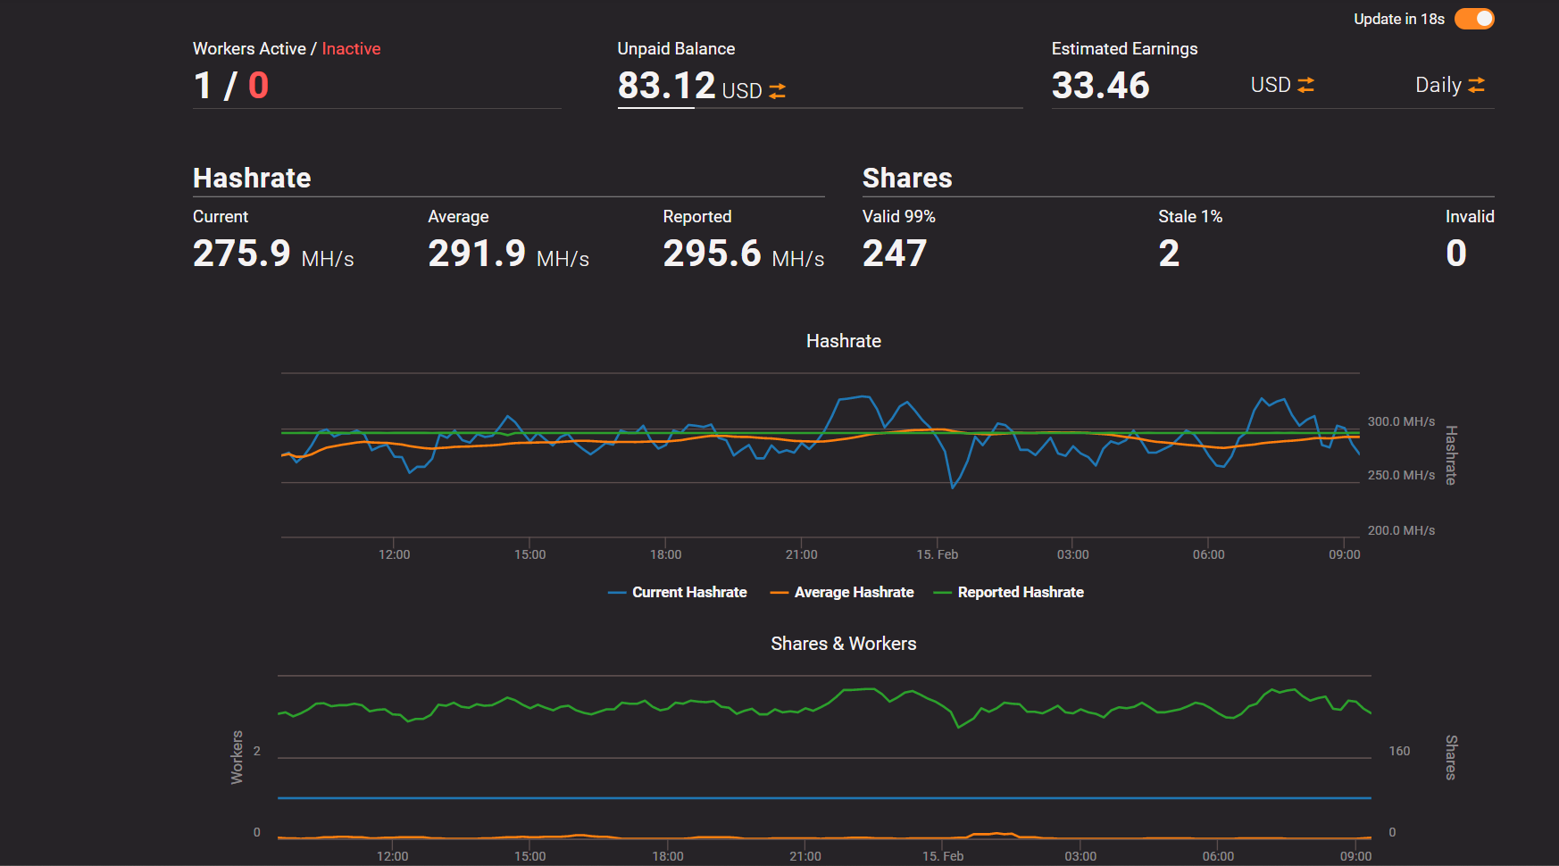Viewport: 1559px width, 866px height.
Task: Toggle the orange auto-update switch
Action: coord(1474,19)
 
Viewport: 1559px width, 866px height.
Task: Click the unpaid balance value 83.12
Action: coord(666,86)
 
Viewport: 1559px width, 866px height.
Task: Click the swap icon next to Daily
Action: coord(1476,85)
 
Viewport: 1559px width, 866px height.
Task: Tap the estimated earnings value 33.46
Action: coord(1100,86)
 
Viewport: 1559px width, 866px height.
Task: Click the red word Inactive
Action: coord(351,49)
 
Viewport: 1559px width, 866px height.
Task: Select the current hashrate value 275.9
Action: coord(242,254)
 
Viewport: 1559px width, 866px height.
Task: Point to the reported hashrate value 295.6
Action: coord(712,254)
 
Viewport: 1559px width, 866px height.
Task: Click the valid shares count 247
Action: coord(895,254)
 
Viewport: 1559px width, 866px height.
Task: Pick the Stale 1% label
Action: coord(1189,217)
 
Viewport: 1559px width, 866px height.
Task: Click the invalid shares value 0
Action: coord(1455,254)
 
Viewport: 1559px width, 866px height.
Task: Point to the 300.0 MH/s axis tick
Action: coord(1401,421)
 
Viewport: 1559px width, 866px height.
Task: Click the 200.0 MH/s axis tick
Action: coord(1401,530)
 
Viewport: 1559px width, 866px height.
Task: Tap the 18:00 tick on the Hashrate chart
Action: coord(665,554)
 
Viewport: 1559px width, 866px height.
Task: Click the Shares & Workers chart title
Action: coord(843,644)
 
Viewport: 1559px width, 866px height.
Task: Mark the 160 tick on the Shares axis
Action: coord(1399,751)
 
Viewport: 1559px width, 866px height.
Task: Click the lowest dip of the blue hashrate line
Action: coord(953,487)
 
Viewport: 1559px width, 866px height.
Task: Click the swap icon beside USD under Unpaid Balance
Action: coord(777,91)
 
